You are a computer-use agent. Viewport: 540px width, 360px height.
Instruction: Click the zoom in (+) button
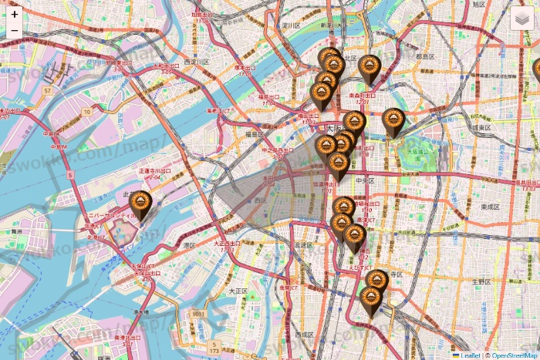[x=15, y=14]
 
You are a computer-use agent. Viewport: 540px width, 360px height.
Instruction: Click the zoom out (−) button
[x=15, y=31]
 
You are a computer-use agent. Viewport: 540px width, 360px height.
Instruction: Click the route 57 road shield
[x=47, y=91]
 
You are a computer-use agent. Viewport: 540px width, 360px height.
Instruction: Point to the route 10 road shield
[x=87, y=112]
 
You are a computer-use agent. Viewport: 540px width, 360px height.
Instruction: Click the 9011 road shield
[x=199, y=315]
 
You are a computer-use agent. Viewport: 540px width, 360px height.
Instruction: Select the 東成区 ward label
[x=490, y=207]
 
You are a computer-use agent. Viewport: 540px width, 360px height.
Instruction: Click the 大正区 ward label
[x=237, y=291]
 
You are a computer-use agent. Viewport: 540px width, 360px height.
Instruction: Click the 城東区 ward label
[x=482, y=127]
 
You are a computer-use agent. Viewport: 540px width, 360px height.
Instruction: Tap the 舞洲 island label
[x=15, y=230]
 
